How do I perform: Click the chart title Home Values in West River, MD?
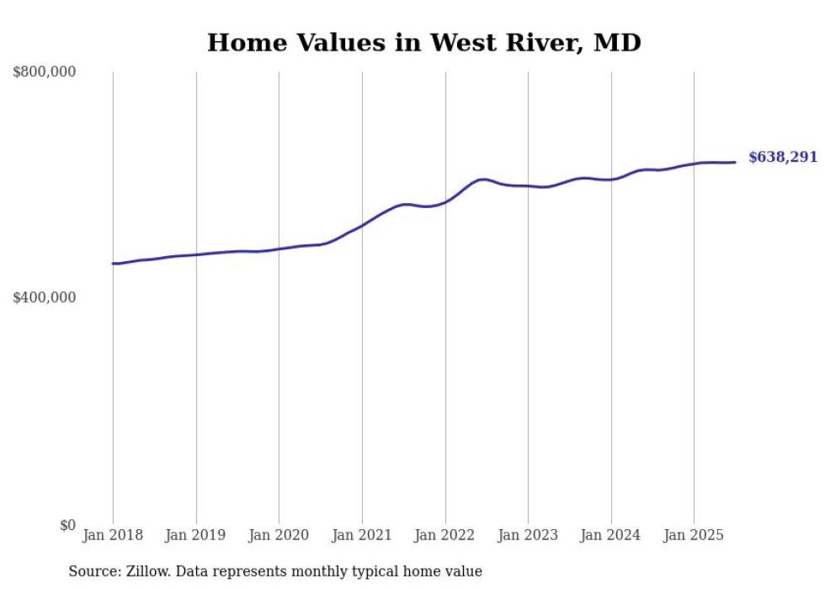[423, 42]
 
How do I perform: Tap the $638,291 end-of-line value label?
[782, 157]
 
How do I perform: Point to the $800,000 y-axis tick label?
[45, 72]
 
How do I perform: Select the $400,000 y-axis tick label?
[45, 297]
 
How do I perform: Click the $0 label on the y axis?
[67, 525]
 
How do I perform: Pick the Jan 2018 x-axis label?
[113, 535]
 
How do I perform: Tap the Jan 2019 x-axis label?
[196, 535]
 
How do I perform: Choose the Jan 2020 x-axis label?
[279, 535]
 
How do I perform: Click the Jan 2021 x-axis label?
[362, 535]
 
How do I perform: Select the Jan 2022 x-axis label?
[445, 535]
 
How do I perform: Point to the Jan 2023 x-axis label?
[528, 535]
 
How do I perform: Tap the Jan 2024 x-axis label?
[611, 535]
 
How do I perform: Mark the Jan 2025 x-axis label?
[694, 535]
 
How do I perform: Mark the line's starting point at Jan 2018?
[113, 264]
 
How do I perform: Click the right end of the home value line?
[735, 162]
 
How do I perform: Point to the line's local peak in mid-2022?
[482, 179]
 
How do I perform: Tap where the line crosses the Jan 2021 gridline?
[362, 225]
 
